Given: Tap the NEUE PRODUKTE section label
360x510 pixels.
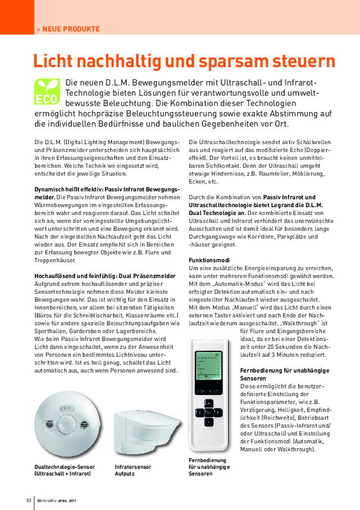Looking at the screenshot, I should point(71,29).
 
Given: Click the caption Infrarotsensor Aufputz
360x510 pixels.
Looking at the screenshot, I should point(133,470).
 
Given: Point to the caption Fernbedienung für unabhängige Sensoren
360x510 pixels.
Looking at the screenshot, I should point(208,467).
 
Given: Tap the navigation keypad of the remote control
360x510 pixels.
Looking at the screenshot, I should point(209,413).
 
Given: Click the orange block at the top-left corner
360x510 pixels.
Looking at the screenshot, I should point(17,17).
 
